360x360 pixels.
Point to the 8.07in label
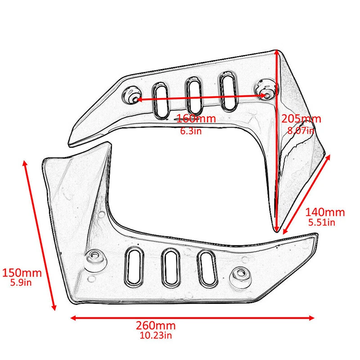300,131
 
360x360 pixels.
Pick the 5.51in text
321,223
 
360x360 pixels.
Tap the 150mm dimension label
22,273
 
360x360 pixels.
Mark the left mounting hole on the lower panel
95,257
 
